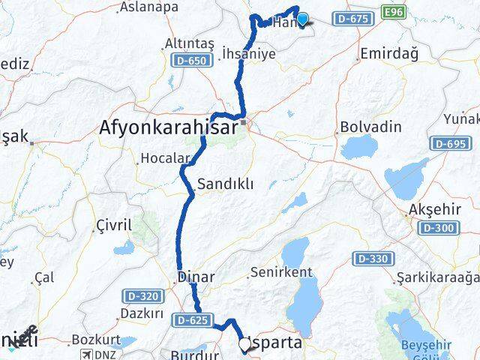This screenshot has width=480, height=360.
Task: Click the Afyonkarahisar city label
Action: click(168, 129)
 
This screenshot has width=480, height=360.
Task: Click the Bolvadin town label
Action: click(370, 127)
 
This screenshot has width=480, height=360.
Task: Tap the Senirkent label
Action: click(279, 272)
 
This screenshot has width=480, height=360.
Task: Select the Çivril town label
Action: click(114, 225)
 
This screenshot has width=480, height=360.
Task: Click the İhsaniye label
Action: click(249, 54)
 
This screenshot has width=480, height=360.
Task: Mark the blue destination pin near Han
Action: click(302, 19)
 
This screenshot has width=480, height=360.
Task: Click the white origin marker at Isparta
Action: click(244, 344)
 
